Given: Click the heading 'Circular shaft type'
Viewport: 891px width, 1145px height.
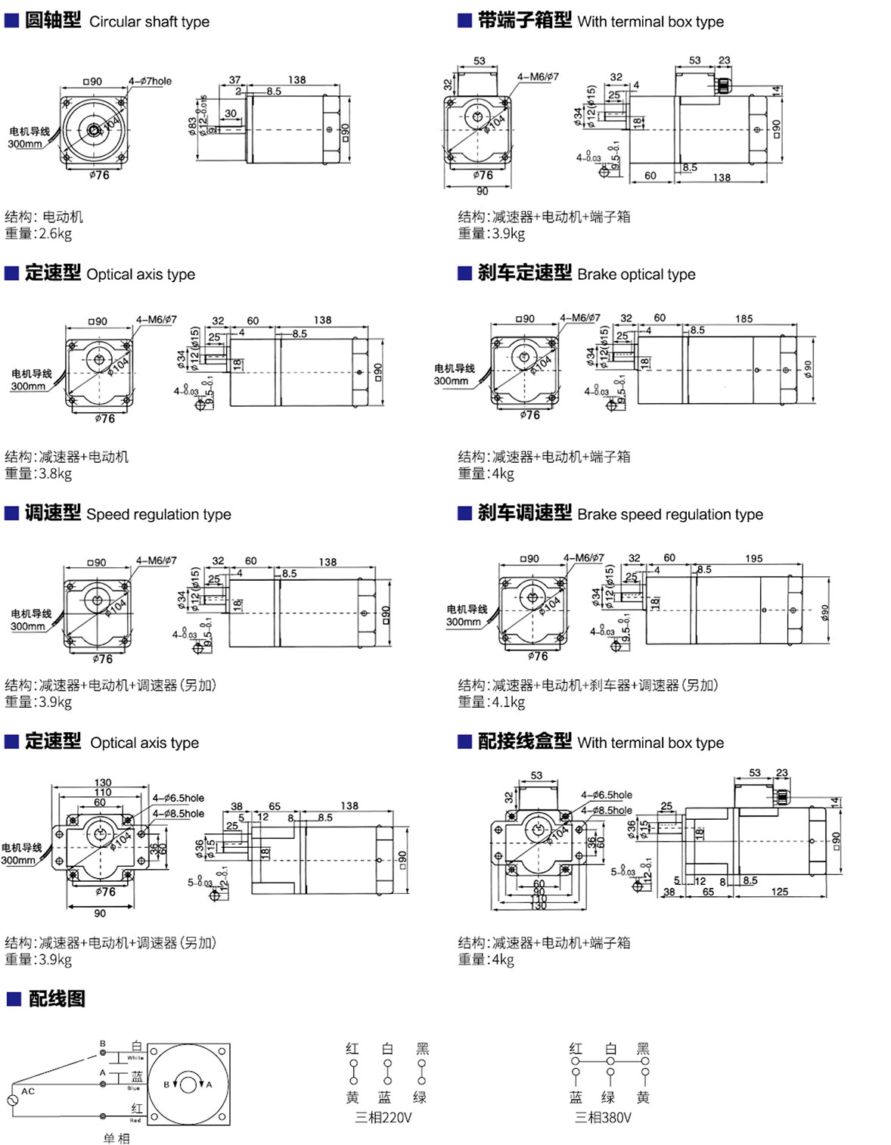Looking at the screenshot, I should (149, 22).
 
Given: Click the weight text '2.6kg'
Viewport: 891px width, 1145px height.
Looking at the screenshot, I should (55, 234).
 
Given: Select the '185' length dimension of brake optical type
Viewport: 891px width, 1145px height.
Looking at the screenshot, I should (744, 318).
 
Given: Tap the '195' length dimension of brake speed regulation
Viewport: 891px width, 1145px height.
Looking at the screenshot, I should (753, 558).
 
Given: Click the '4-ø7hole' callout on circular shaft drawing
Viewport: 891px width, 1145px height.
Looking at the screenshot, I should (150, 81).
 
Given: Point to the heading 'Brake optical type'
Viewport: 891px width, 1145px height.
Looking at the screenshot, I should (635, 275).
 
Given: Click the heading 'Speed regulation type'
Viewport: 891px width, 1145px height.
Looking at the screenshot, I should (158, 514).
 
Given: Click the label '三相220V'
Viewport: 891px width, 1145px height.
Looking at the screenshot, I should (383, 1118).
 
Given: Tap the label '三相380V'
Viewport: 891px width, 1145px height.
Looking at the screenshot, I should (603, 1118).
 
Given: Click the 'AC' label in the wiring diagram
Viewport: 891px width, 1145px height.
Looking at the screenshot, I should (28, 1091).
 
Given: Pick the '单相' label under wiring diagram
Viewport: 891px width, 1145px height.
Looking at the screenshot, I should (116, 1138).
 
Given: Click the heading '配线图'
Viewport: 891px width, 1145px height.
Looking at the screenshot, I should (57, 999).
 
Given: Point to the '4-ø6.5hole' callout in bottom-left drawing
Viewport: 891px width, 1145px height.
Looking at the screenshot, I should (178, 798).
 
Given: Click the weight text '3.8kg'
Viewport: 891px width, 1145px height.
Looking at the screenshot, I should (55, 473).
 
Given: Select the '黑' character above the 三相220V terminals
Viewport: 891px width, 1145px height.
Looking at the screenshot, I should (422, 1049).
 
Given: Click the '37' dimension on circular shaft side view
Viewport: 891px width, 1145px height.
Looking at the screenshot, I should (234, 79).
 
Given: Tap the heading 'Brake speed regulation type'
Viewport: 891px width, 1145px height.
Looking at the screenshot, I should (669, 514).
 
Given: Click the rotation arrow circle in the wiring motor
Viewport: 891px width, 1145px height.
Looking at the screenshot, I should (188, 1084).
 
